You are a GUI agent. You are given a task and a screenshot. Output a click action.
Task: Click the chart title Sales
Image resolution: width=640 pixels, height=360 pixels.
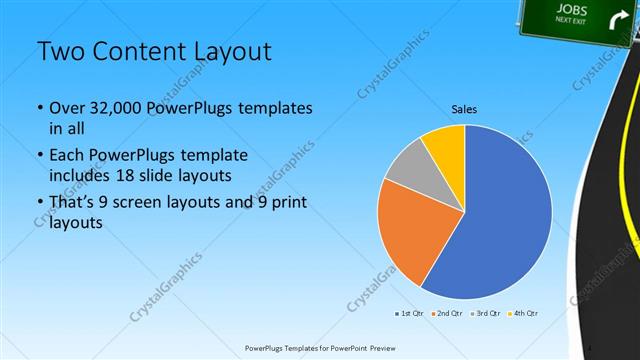click(x=465, y=109)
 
